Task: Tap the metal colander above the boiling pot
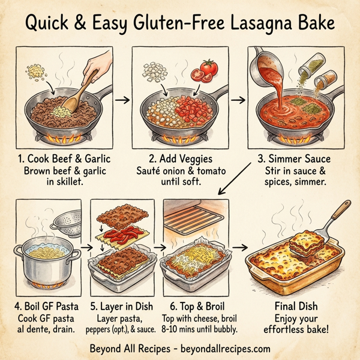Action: pos(64,227)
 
